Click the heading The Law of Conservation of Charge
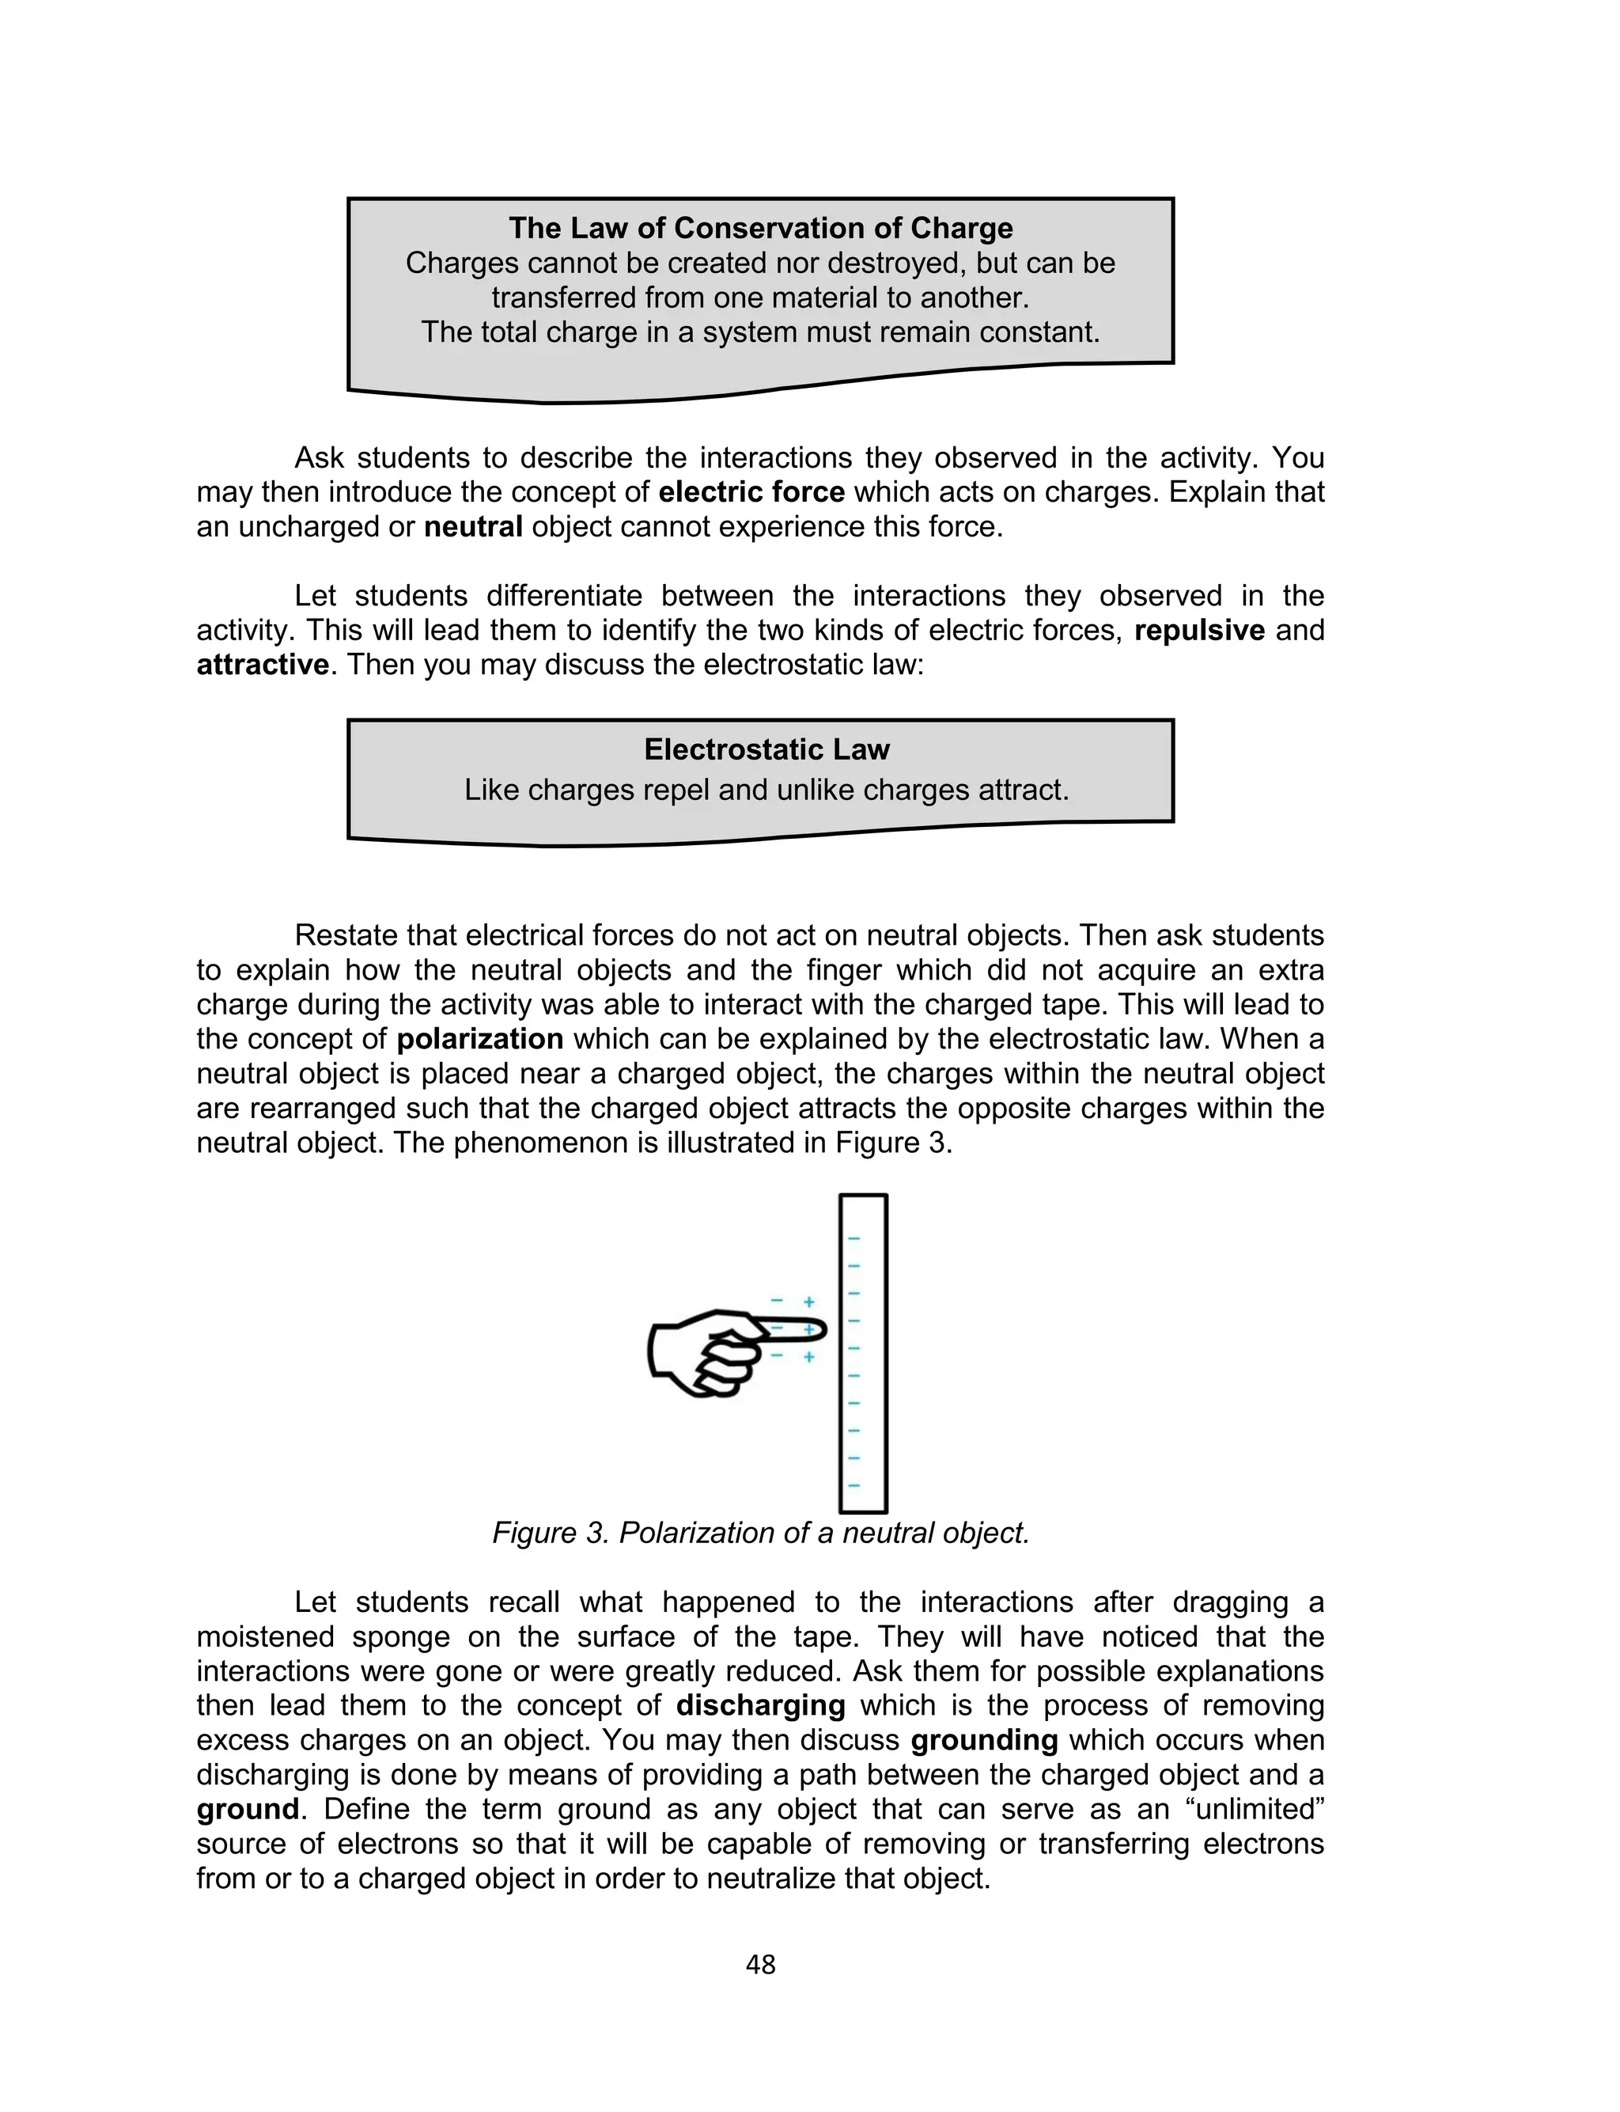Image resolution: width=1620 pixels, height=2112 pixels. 760,228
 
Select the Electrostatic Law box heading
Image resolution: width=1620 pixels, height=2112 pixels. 766,749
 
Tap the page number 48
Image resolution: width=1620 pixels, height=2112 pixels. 760,1965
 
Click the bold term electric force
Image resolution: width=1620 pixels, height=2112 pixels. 751,492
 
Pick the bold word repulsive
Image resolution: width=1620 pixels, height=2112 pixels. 1198,631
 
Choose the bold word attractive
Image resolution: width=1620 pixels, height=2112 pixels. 263,665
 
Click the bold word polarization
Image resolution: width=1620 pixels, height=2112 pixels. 479,1040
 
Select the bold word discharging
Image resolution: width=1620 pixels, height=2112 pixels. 760,1706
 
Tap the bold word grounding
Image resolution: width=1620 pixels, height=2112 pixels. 983,1741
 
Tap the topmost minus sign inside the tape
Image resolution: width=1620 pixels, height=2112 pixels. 854,1239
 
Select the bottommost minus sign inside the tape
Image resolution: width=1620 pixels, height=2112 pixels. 854,1486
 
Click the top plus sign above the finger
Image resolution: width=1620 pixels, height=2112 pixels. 809,1302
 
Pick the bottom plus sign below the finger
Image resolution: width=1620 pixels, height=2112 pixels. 809,1357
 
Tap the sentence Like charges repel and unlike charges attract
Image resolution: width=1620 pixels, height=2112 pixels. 766,791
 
